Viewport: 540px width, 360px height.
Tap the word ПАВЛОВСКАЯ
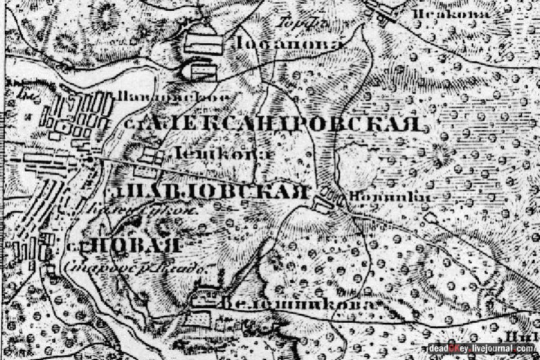[210, 193]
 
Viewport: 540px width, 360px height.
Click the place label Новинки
[368, 196]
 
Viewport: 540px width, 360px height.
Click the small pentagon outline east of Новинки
[429, 217]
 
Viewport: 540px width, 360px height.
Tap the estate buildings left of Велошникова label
[204, 300]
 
